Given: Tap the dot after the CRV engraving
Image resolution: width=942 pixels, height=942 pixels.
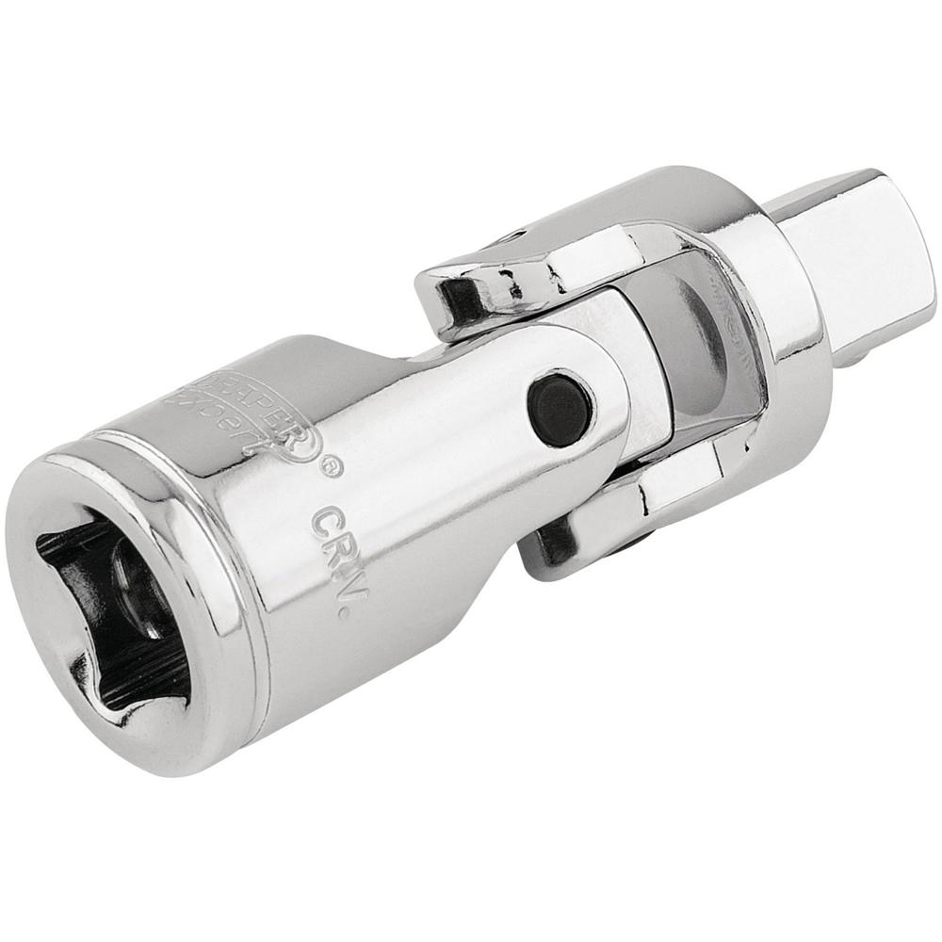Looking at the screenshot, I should pos(344,613).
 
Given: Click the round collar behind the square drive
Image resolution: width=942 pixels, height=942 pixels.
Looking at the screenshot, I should pos(772,311).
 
